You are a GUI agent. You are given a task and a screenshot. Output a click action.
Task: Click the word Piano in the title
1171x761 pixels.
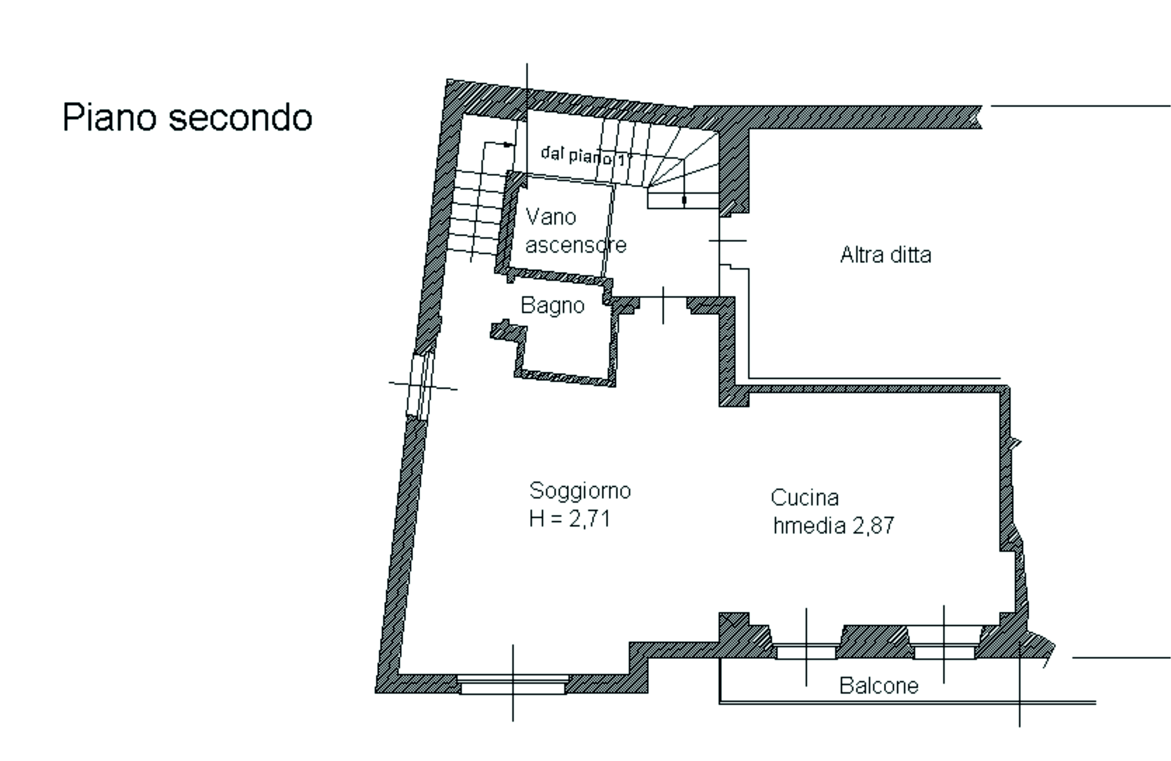tap(110, 117)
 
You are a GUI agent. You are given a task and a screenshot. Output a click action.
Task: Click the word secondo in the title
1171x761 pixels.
tap(241, 117)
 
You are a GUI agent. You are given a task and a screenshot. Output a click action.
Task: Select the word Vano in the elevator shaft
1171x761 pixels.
tap(551, 217)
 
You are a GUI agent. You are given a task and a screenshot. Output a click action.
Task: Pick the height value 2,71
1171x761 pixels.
tap(590, 519)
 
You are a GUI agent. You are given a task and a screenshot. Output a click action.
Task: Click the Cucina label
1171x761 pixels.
tap(805, 497)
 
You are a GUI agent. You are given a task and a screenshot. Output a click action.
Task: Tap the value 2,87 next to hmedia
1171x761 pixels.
tap(873, 526)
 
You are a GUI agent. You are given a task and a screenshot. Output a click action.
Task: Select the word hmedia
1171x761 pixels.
tap(809, 525)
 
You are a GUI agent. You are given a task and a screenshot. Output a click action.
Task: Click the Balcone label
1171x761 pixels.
tap(879, 686)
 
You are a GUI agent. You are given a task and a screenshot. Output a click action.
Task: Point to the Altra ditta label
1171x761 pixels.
tap(886, 255)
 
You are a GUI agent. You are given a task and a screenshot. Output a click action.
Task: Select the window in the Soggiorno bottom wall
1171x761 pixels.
tap(513, 684)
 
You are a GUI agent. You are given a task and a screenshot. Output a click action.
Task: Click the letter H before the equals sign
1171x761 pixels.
tap(537, 519)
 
